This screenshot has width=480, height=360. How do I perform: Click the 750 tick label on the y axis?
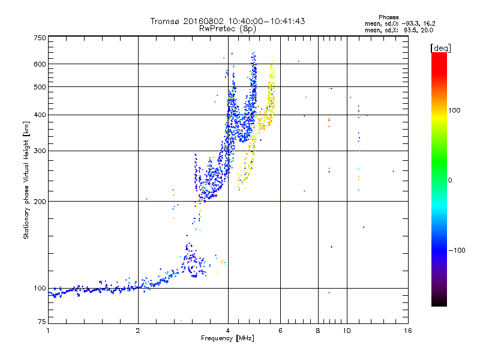click(40, 38)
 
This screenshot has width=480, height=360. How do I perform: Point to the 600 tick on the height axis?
click(40, 64)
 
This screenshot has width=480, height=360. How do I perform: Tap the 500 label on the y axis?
click(40, 87)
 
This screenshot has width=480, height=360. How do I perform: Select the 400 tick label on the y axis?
click(40, 115)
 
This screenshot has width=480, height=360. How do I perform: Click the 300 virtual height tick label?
click(40, 151)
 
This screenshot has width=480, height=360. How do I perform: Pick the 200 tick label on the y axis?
click(40, 201)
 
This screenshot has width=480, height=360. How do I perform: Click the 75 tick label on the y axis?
click(41, 322)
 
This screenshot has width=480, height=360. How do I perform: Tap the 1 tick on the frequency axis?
click(48, 331)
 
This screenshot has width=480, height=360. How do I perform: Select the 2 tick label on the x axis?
click(138, 331)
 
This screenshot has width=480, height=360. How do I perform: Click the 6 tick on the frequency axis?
click(280, 331)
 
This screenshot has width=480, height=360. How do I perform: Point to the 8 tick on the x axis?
click(318, 331)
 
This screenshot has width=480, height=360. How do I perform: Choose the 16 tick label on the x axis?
click(407, 331)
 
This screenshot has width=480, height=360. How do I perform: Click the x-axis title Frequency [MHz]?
click(227, 338)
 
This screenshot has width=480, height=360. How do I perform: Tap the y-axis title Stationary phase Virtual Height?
click(26, 180)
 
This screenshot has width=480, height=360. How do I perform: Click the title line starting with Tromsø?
click(227, 21)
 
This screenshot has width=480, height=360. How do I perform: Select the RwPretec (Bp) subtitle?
click(227, 28)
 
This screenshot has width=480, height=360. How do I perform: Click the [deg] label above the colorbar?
click(440, 47)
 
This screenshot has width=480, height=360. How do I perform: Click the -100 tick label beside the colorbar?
click(457, 250)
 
